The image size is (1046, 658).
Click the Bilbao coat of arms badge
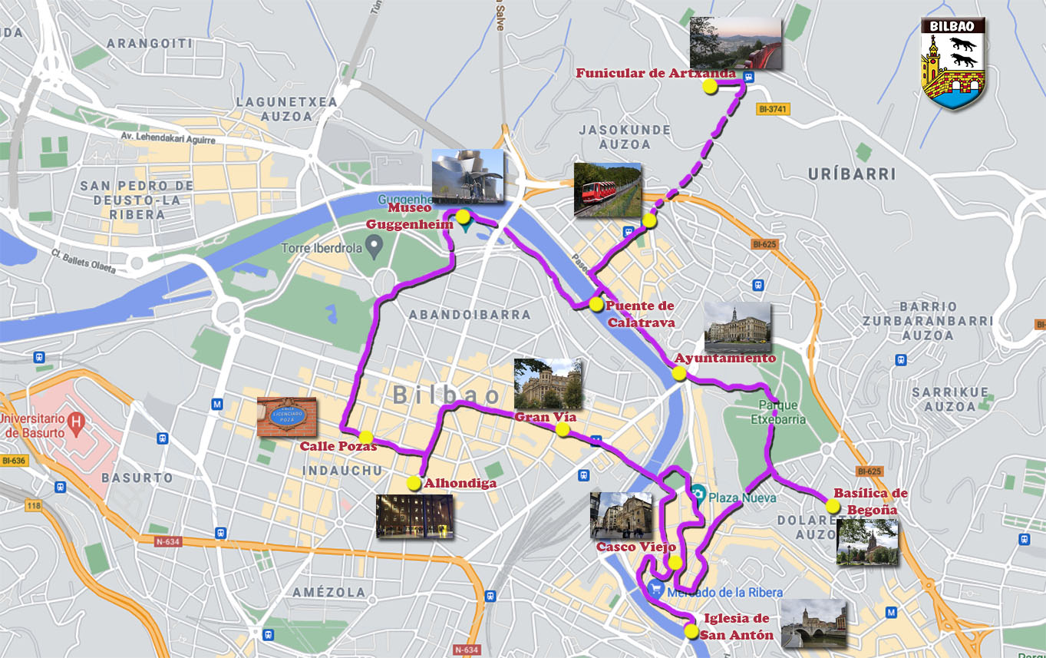tap(952, 63)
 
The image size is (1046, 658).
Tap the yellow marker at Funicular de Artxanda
tap(710, 87)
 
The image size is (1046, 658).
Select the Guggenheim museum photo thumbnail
tap(467, 176)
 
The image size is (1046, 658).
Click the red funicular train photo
tap(607, 190)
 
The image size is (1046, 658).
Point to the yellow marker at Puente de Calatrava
tap(596, 305)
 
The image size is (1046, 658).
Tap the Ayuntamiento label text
tap(724, 359)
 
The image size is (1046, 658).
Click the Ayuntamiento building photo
tap(737, 327)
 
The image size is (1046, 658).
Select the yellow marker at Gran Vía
tap(563, 430)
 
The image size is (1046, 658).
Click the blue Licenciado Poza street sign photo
tap(286, 417)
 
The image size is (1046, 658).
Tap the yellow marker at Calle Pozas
tap(366, 437)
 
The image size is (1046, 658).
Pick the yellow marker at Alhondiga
tap(414, 483)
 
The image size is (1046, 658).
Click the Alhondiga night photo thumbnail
tap(414, 517)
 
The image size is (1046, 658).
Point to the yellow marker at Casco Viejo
tap(675, 563)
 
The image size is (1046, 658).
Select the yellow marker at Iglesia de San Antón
tap(691, 632)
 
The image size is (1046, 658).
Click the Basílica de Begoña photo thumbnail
tap(867, 542)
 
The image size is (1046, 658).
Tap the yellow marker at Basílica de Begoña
tap(833, 506)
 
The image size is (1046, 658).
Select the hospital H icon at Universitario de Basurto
tap(75, 421)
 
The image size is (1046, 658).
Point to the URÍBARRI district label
tap(852, 174)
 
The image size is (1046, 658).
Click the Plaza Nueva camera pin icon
tap(698, 491)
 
